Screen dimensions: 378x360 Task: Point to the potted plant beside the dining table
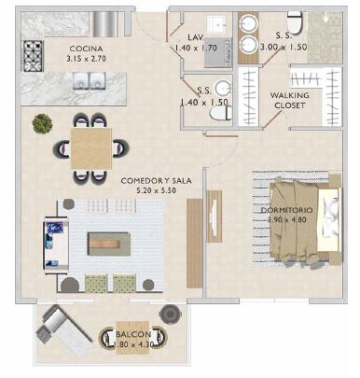point(42,122)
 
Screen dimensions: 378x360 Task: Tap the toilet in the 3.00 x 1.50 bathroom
point(296,21)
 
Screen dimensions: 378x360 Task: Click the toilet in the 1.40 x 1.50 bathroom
point(219,112)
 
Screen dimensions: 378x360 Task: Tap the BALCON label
point(130,332)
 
